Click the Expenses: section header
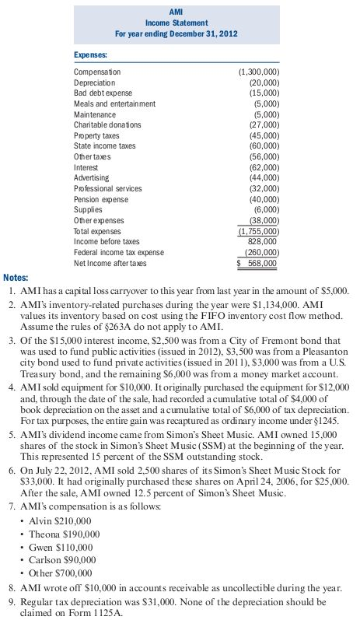(x=91, y=55)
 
